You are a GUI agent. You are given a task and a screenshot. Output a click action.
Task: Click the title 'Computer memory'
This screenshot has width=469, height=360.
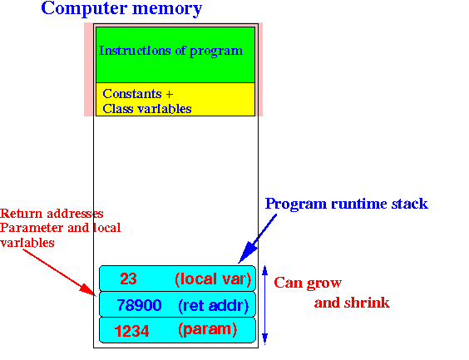[x=121, y=8]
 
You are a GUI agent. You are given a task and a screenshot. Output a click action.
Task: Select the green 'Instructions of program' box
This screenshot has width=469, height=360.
[x=175, y=55]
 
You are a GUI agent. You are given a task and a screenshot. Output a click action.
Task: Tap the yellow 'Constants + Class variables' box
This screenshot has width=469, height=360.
[x=175, y=99]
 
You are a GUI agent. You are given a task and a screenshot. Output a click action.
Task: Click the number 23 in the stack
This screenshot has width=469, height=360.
[x=128, y=279]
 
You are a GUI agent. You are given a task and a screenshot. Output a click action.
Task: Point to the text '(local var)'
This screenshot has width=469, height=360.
[x=213, y=279]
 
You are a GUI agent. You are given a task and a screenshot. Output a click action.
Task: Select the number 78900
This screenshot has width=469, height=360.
[x=139, y=305]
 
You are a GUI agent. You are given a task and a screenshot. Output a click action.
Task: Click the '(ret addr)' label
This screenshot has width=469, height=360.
[x=213, y=306]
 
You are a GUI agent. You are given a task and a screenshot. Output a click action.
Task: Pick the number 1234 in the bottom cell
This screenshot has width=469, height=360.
[x=131, y=331]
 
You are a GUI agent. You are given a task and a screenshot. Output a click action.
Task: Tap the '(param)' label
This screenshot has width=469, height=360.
[x=208, y=329]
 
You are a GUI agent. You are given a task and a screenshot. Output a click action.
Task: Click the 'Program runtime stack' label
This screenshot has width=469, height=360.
[x=347, y=204]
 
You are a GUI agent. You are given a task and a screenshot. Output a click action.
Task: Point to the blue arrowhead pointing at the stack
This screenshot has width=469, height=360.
[x=247, y=254]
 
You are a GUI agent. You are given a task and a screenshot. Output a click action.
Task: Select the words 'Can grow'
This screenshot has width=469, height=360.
[x=308, y=283]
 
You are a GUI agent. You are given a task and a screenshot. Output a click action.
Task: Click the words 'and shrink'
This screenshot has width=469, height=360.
[x=352, y=303]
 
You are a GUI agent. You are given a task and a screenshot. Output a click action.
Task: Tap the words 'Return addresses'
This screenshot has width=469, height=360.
[x=52, y=214]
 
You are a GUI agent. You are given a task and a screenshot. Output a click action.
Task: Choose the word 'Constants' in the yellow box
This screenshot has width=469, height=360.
[x=132, y=94]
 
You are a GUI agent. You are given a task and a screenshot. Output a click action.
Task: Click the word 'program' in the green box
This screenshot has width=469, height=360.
[x=216, y=51]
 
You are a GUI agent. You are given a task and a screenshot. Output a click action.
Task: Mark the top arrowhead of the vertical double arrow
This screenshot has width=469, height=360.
[x=264, y=269]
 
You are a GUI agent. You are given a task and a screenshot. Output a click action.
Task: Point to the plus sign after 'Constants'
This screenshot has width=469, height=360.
[x=170, y=95]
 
